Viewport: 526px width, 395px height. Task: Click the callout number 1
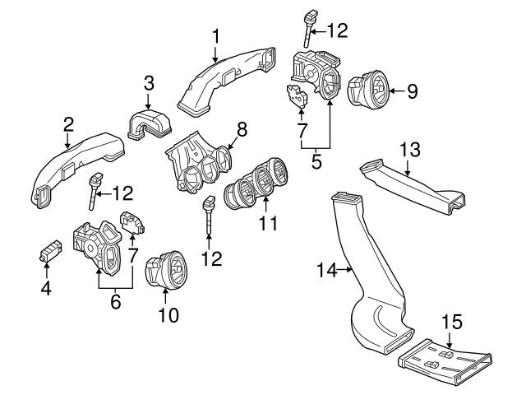click(215, 36)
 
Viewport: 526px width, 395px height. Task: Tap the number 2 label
click(68, 124)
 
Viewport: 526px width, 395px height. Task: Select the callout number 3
click(148, 83)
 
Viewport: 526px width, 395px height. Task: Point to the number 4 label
click(47, 289)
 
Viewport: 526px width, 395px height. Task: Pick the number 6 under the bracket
click(115, 301)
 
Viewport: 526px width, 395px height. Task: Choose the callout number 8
click(241, 129)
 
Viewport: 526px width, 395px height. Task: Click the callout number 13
click(410, 149)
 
